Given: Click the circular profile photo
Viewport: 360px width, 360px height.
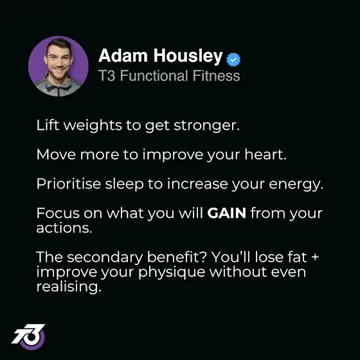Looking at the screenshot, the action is pos(59,66).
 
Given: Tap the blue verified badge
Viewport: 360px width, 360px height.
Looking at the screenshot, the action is pos(233,60).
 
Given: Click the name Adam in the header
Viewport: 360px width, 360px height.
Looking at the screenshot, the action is pos(123,55).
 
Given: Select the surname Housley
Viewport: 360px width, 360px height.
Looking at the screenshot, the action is pos(188,57).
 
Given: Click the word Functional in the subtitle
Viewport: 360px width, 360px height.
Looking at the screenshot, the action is pos(154,76).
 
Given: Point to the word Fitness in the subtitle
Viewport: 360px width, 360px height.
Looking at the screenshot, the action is pos(216,76).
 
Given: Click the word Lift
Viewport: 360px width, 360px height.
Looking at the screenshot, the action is pos(48,125).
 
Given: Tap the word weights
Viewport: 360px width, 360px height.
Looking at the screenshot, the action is pos(93,126).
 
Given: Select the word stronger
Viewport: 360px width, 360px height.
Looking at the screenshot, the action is pos(206,126).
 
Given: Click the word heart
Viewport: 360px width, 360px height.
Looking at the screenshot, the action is pos(265,154).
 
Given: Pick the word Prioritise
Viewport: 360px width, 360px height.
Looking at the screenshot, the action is pos(69,183).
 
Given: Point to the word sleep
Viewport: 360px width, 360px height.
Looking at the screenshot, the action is pos(124,184).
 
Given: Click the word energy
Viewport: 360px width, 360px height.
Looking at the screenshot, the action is pos(296,185).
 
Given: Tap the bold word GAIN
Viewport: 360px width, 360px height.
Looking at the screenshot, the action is pos(226,213).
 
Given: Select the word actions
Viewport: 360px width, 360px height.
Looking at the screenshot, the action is pos(64,228).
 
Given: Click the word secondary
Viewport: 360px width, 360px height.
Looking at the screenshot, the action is pos(105,257).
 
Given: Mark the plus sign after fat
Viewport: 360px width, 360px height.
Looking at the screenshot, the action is pos(315,256).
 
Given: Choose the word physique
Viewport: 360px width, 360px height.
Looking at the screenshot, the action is pos(172,273).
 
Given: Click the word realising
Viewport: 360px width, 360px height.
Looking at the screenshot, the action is pos(69,287).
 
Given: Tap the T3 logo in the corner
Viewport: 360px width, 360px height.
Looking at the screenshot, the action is pos(29,336).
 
